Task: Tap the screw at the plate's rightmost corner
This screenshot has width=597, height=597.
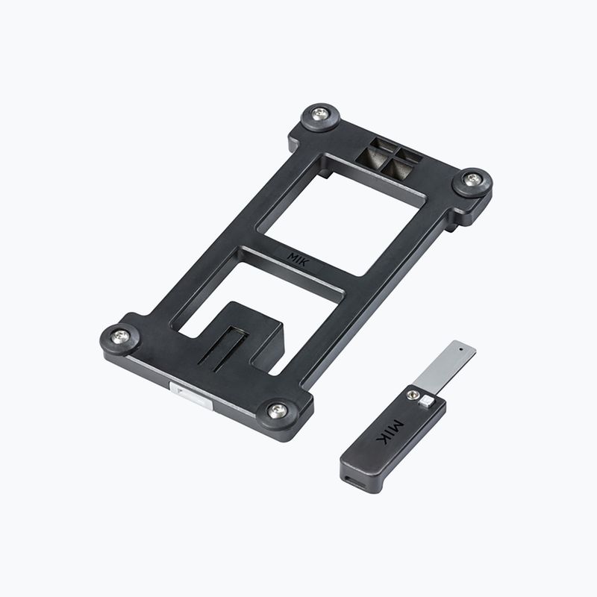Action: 473,178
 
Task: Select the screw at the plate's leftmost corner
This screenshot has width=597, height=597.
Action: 121,337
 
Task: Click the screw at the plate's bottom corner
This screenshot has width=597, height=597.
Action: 278,410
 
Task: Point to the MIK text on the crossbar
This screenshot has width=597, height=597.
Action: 298,259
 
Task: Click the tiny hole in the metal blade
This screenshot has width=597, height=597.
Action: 461,348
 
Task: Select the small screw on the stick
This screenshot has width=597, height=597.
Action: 412,395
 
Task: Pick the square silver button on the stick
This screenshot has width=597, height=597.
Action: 426,401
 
